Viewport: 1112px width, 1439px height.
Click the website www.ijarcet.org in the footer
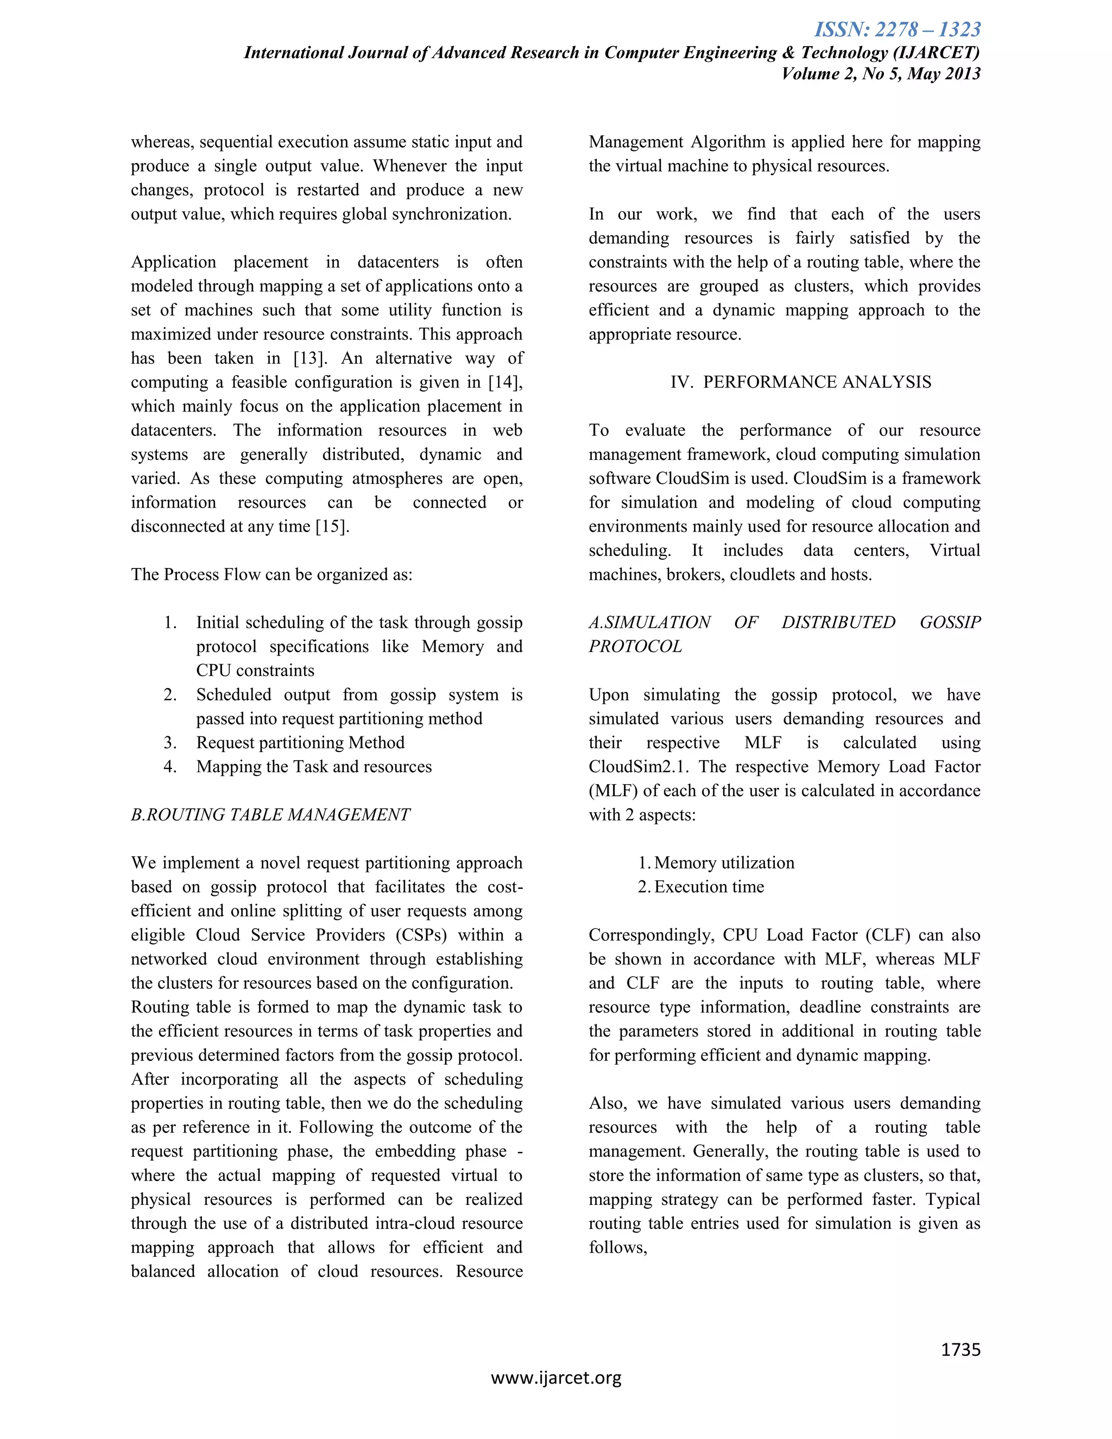[x=556, y=1378]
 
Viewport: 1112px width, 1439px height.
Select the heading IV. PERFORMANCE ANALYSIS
[x=800, y=382]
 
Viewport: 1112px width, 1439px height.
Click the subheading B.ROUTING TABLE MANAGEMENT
[x=270, y=815]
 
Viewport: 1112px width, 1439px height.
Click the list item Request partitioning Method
[x=300, y=742]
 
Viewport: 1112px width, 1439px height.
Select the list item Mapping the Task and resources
[x=314, y=767]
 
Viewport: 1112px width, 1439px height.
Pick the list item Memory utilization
[x=724, y=863]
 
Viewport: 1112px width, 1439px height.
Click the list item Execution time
[x=709, y=887]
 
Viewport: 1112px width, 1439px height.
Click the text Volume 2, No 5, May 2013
[x=881, y=73]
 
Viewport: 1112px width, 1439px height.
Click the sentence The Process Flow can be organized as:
[x=271, y=575]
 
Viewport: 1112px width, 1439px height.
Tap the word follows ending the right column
[x=617, y=1247]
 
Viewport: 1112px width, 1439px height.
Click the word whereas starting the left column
[x=162, y=142]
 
